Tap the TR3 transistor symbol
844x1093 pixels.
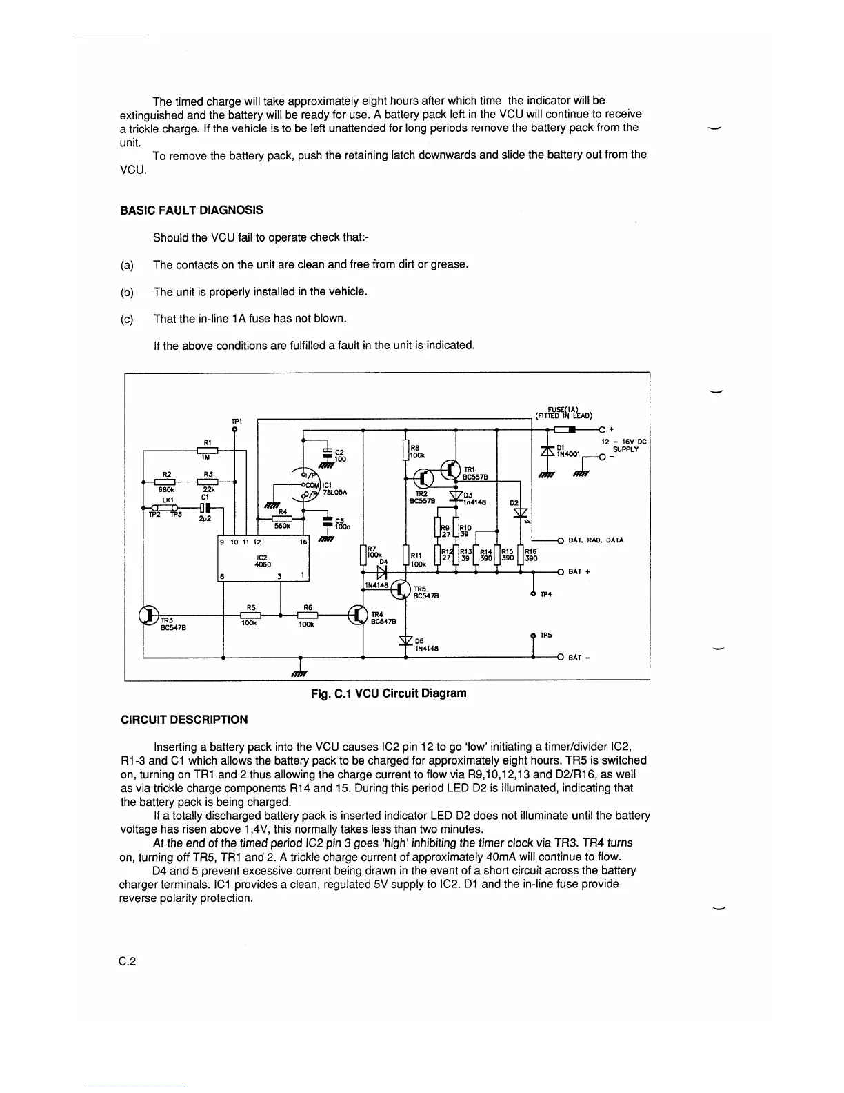148,615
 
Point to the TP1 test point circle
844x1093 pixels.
234,429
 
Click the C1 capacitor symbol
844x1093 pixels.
204,509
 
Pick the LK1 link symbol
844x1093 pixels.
165,509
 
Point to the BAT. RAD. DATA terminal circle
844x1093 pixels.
561,540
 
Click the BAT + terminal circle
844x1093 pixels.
561,572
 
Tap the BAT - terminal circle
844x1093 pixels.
561,657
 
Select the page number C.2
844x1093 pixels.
128,961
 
